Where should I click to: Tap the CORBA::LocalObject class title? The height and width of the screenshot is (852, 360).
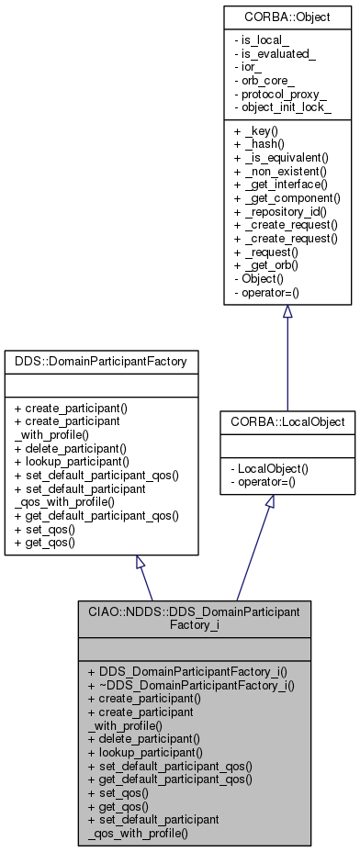tap(287, 421)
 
